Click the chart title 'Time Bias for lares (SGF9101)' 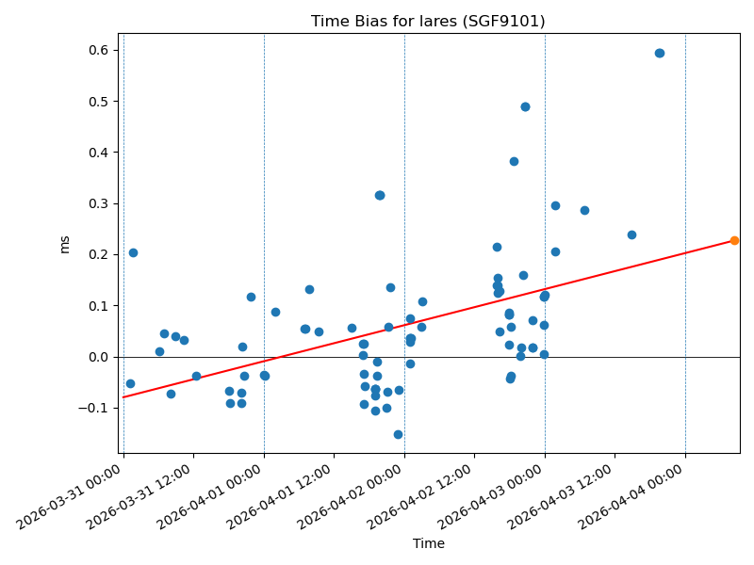tap(428, 21)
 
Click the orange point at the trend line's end tap(734, 240)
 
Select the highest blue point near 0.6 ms tap(660, 53)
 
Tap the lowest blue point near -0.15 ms tap(398, 434)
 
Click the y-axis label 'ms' tap(65, 244)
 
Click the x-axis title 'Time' tap(428, 543)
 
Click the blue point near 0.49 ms tap(525, 106)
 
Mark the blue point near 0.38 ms tap(514, 161)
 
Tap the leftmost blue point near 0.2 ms tap(133, 252)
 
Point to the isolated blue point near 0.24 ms tap(631, 234)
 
